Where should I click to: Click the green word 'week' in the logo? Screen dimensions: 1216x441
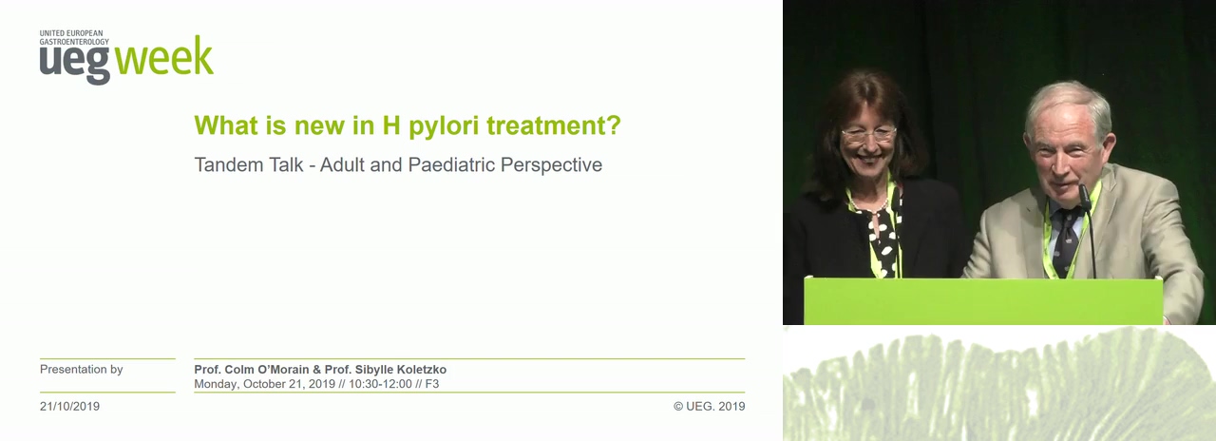[x=164, y=55]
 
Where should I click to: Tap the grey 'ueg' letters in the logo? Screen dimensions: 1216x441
[x=75, y=65]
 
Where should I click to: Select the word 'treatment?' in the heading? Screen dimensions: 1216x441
[x=553, y=125]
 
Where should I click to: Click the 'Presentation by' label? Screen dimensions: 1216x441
[x=82, y=370]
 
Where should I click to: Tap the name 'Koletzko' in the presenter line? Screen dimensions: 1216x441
[x=422, y=370]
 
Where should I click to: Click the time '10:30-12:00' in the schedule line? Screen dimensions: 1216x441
[x=380, y=384]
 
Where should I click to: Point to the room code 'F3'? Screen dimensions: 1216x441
[x=432, y=384]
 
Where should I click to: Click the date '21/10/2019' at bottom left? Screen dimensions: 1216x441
[x=69, y=406]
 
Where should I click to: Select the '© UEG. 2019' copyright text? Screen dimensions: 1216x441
[x=709, y=406]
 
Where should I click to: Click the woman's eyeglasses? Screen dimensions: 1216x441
[x=868, y=134]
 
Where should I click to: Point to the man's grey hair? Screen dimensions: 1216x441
[x=1068, y=105]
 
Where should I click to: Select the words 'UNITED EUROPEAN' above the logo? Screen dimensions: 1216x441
[x=71, y=33]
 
